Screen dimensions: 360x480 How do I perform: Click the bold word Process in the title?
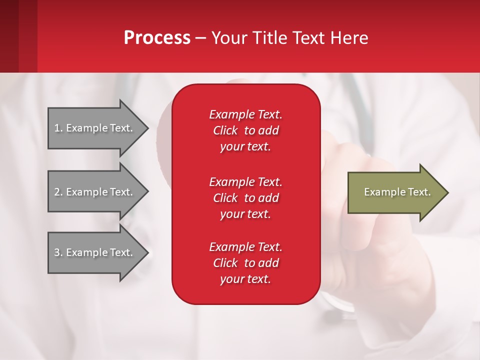point(157,38)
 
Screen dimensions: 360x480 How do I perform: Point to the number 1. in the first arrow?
point(58,128)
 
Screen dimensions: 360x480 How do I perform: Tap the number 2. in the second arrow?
point(58,192)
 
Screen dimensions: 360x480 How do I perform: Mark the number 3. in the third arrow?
point(58,252)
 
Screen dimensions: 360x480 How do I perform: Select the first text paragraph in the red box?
point(245,130)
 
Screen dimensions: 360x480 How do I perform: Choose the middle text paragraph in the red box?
point(245,198)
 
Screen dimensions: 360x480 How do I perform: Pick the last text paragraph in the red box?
point(245,263)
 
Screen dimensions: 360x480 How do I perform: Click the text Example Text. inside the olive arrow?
point(397,192)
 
